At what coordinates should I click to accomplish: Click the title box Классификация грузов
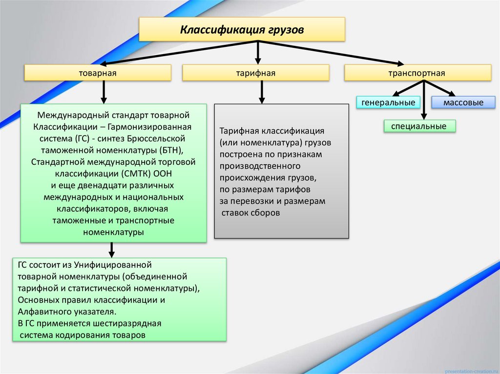point(242,30)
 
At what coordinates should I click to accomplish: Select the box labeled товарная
point(98,73)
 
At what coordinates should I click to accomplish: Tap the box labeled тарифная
point(256,73)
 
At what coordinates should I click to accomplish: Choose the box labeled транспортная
point(417,73)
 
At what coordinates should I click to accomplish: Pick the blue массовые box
point(463,102)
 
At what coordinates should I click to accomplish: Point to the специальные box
point(419,126)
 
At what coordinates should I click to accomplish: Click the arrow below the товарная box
point(104,92)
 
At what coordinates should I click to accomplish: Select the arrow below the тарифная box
point(262,92)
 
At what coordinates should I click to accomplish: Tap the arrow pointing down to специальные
point(424,102)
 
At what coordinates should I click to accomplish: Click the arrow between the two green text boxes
point(112,250)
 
